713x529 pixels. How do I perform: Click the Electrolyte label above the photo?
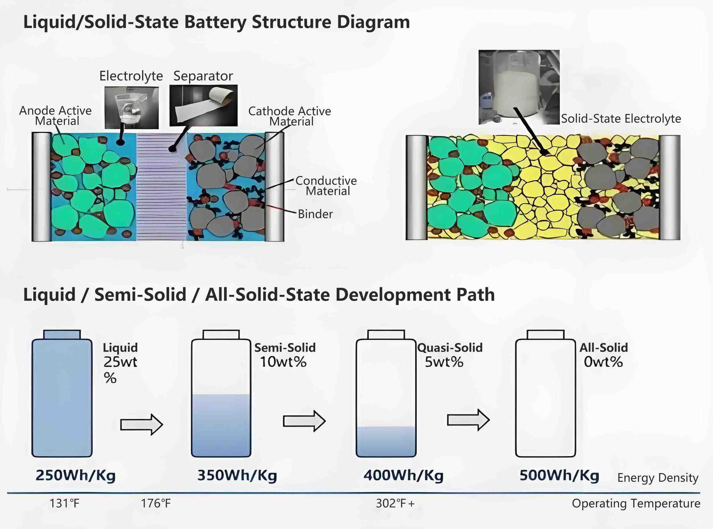[131, 76]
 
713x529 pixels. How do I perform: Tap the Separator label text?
[203, 76]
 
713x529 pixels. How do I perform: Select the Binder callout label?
[315, 214]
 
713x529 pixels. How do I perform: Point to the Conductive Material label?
[326, 186]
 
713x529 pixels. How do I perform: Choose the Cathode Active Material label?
[290, 116]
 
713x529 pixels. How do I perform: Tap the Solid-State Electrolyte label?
[621, 119]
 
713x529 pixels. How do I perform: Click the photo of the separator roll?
[203, 105]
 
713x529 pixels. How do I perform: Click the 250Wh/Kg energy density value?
[75, 475]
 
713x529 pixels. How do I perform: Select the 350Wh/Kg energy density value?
[237, 475]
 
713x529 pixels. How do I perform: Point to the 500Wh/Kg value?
[559, 475]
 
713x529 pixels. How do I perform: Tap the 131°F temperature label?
[64, 504]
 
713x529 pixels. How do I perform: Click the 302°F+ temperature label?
[395, 504]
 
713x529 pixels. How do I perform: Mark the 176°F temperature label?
[156, 504]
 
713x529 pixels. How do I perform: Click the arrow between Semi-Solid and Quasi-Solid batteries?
[304, 420]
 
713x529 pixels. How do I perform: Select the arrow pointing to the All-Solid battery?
[468, 420]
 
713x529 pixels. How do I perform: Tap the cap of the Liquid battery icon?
[62, 334]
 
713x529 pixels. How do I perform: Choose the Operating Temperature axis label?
[636, 504]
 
